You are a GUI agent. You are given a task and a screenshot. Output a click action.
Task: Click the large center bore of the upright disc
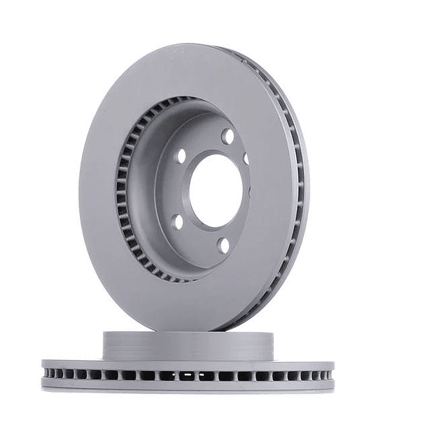214,189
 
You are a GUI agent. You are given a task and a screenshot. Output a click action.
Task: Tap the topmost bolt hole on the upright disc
227,136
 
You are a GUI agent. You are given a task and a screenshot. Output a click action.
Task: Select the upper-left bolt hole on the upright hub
181,155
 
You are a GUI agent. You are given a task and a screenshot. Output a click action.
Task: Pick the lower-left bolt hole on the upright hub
178,221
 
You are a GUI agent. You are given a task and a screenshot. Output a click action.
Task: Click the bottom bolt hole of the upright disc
223,244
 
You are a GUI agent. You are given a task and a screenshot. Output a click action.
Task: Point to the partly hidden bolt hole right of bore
246,160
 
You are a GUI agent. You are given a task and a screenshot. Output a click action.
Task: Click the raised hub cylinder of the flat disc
188,346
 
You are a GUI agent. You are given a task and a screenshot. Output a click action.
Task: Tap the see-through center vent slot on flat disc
188,375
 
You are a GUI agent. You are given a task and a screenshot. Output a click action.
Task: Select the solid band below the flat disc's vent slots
188,386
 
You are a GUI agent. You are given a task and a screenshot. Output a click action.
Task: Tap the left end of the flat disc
43,374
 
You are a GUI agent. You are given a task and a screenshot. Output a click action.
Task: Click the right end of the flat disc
332,374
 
